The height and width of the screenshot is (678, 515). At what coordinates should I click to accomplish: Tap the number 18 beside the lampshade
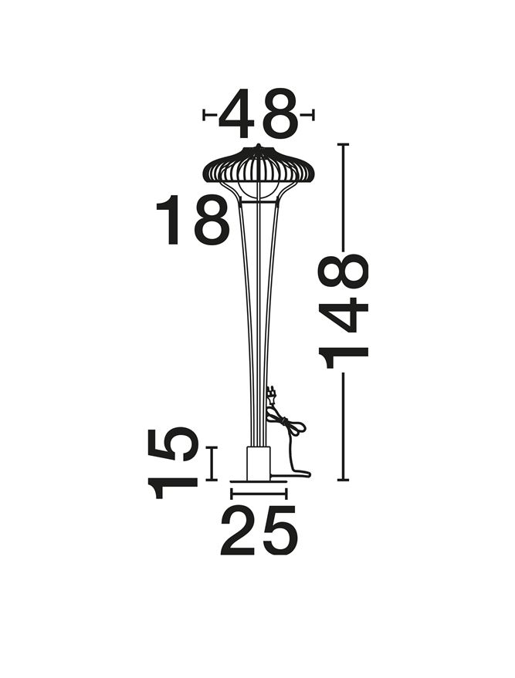[192, 220]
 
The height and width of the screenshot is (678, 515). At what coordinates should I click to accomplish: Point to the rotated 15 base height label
[173, 463]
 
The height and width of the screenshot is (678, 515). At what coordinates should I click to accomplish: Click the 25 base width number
[259, 530]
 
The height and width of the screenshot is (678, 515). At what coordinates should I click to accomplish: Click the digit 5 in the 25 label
[280, 531]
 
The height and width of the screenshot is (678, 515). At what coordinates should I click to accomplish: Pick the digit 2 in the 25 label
[239, 530]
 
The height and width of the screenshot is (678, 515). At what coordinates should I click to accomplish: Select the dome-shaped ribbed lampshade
[258, 166]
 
